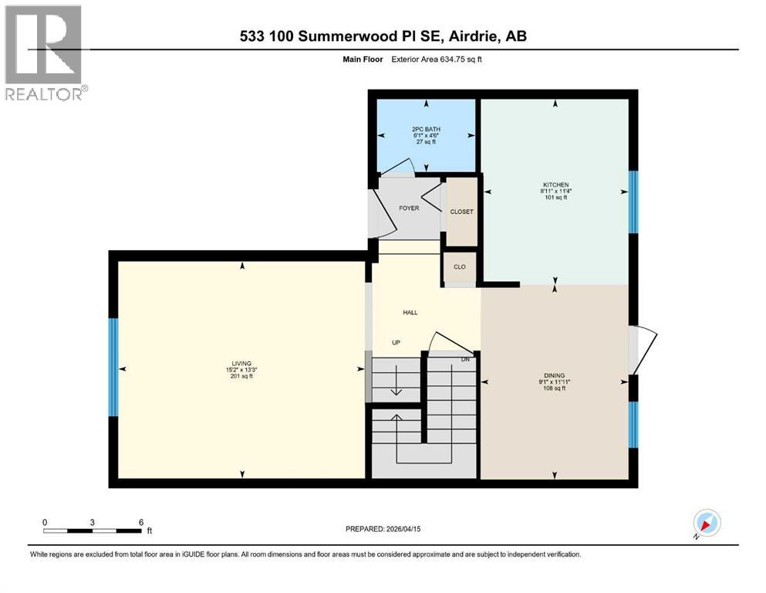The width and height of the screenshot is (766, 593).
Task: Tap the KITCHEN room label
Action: click(555, 185)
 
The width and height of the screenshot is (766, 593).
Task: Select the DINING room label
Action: click(555, 374)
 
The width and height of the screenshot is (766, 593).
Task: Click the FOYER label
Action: click(408, 208)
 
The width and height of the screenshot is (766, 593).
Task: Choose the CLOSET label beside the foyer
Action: click(462, 212)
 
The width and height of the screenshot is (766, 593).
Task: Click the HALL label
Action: click(410, 313)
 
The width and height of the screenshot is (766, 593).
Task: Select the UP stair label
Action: click(396, 343)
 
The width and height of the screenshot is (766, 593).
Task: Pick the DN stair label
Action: click(465, 359)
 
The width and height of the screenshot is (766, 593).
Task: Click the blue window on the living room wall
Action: click(113, 368)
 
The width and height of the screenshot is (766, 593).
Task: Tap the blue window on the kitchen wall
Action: click(633, 202)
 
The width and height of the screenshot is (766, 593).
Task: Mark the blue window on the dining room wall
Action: click(633, 424)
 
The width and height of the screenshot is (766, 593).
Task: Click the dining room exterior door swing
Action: click(643, 349)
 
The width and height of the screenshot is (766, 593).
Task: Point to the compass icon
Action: click(707, 524)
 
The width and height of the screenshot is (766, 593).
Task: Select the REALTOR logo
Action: click(44, 53)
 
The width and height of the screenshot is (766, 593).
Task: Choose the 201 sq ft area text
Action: click(242, 377)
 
